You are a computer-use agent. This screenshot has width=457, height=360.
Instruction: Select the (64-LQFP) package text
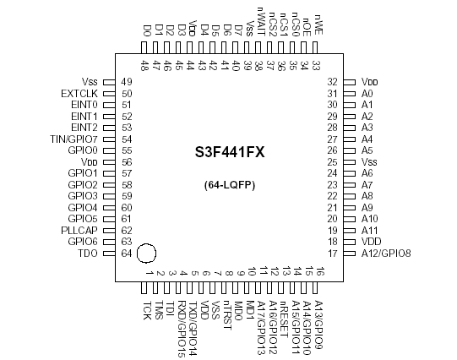click(x=229, y=184)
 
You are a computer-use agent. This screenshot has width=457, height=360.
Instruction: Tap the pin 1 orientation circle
click(x=147, y=252)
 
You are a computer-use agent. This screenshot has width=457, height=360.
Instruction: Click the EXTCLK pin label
click(x=80, y=93)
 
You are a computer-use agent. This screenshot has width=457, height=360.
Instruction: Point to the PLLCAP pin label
click(x=80, y=230)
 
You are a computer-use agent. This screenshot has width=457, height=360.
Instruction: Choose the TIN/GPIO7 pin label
click(x=75, y=139)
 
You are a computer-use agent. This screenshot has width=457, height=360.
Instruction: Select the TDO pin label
click(x=87, y=253)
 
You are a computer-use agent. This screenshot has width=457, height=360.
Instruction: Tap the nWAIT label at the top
click(x=259, y=28)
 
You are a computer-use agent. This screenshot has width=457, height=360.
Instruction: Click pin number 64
click(x=127, y=253)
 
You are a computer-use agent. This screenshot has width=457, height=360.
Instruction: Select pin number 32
click(x=332, y=81)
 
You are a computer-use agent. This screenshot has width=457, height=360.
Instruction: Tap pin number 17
click(x=332, y=253)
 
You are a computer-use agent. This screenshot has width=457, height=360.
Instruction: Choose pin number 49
click(x=127, y=81)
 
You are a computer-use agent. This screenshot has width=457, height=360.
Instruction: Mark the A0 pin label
click(x=367, y=93)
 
